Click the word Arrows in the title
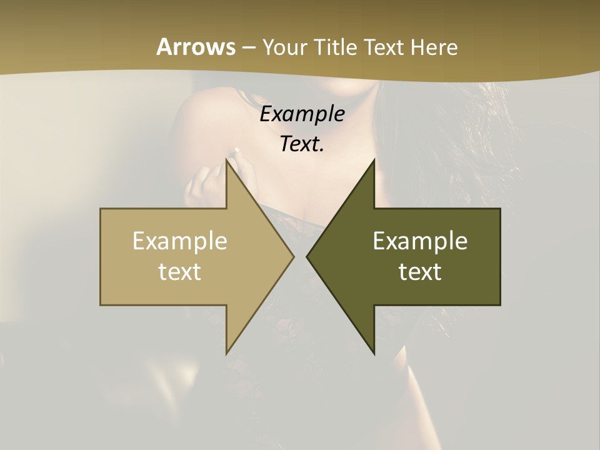196,47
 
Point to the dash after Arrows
249,47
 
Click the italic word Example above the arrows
302,114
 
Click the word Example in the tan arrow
180,241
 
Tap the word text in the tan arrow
180,271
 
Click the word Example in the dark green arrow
420,241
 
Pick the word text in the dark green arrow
420,271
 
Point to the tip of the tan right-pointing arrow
292,256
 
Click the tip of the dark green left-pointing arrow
307,256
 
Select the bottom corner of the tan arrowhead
227,353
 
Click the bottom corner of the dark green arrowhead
374,353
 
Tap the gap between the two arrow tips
300,256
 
